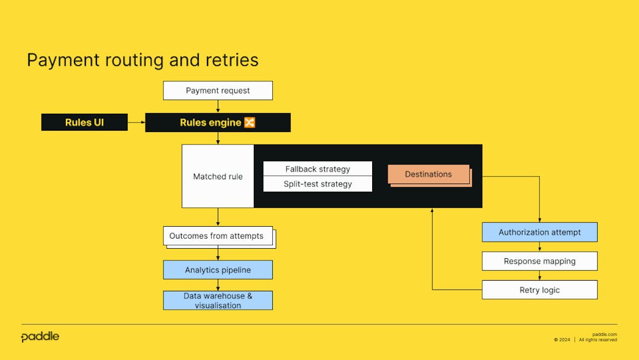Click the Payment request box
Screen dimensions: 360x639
(x=218, y=91)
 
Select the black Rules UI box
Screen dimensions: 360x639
(x=85, y=123)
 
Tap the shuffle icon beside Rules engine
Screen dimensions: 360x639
(x=250, y=123)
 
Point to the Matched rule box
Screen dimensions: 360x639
(x=218, y=176)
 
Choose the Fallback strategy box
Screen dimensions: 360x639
(x=318, y=169)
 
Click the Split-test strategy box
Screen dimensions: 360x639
(x=318, y=184)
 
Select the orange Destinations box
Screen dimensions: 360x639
(x=428, y=174)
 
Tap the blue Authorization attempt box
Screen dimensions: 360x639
(x=540, y=232)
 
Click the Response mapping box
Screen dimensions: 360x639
(x=540, y=261)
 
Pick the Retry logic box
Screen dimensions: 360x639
(x=540, y=290)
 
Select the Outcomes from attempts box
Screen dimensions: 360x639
(x=217, y=236)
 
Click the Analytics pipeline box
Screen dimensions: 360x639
(x=218, y=270)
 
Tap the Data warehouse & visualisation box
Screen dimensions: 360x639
(x=218, y=300)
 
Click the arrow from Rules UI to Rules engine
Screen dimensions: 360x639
(x=137, y=123)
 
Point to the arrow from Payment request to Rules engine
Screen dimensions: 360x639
(x=218, y=107)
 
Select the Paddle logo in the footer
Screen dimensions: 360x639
(x=40, y=337)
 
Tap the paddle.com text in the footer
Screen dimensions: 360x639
(x=604, y=335)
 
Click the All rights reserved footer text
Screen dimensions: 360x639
(x=598, y=340)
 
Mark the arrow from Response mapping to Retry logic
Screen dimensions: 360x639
(x=540, y=275)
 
